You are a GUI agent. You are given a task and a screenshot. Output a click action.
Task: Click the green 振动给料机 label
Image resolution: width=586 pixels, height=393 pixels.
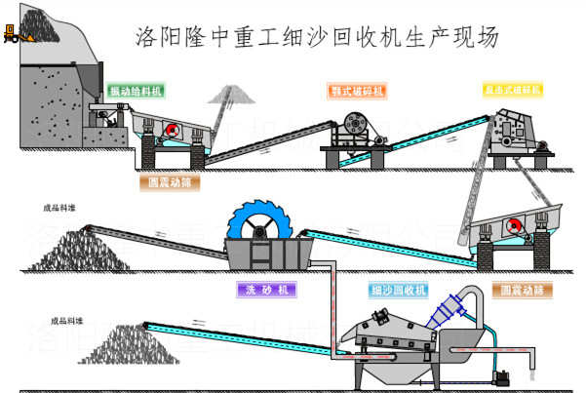[136, 91]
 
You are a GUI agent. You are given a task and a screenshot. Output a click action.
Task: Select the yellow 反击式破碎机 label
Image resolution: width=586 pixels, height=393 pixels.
[512, 90]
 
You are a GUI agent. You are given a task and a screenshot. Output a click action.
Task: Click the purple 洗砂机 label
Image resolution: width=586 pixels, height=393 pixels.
[265, 290]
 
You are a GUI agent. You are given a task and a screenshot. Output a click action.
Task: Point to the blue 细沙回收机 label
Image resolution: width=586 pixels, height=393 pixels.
[398, 290]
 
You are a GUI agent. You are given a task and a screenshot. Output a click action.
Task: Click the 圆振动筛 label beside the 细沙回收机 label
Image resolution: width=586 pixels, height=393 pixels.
[522, 290]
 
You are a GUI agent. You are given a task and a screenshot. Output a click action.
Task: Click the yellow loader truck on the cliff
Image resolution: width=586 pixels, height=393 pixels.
[15, 36]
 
